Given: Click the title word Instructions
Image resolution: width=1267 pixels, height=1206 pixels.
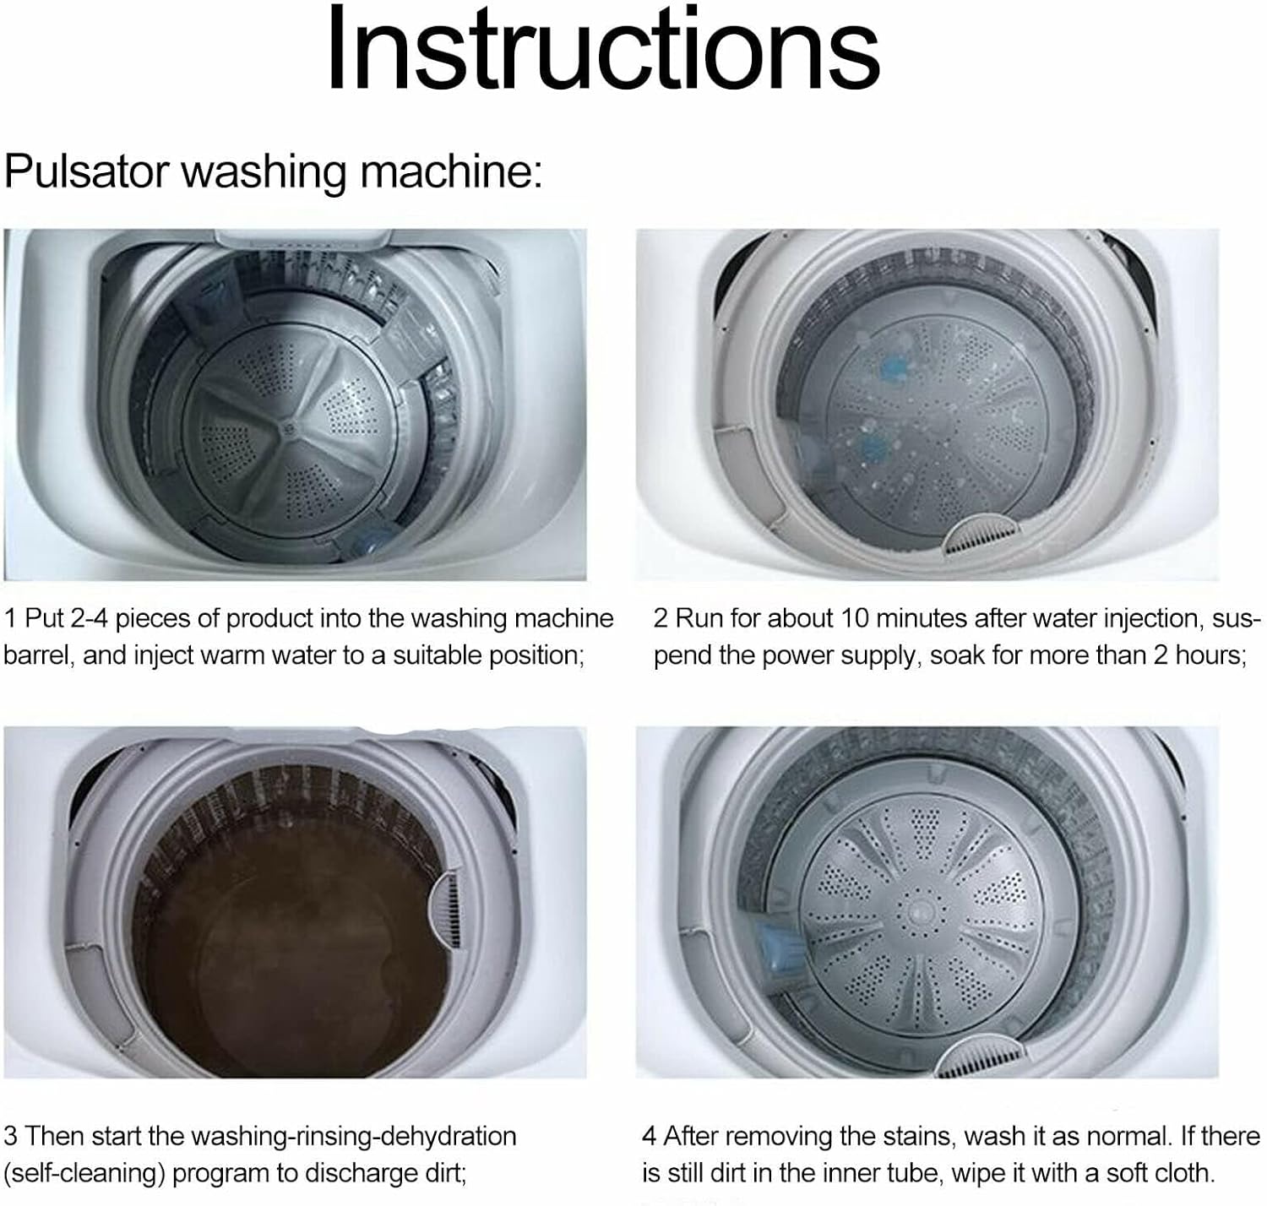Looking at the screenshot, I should tap(603, 51).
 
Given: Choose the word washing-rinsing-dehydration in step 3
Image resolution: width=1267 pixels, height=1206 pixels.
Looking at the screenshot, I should tap(354, 1136).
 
